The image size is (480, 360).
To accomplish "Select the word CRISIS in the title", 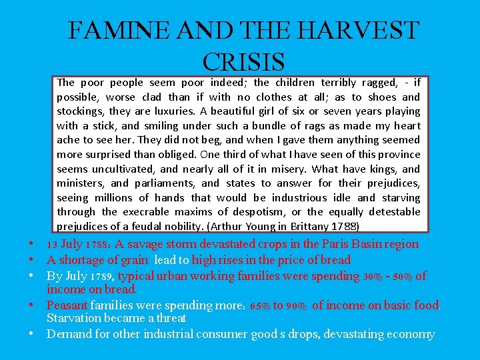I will point(243,61).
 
